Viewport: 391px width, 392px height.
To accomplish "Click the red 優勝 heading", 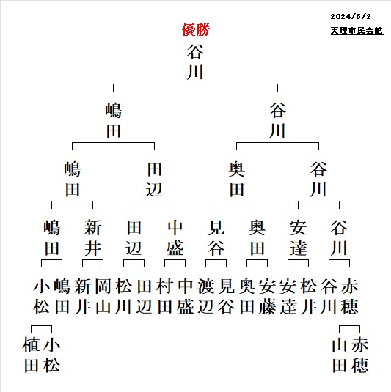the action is (196, 30).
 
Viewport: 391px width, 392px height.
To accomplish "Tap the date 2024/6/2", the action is (351, 17).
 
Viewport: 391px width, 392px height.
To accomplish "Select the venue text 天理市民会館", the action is (357, 31).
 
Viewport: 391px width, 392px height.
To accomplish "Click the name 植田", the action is (31, 355).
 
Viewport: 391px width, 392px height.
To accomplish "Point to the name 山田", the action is (340, 355).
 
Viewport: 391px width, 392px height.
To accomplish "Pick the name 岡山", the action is (103, 297).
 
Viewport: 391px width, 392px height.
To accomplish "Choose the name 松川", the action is (124, 297).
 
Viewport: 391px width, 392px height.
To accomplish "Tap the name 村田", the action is (165, 297).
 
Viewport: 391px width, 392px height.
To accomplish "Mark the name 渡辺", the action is (205, 297).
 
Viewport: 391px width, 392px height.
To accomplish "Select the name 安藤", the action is (267, 297).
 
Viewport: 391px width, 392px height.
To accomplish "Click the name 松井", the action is (308, 297).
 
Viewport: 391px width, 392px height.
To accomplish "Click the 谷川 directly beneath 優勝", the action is (195, 62).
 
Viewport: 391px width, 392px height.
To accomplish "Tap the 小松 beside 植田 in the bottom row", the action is (51, 355).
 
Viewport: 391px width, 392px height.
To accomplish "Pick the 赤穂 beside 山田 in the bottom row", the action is (359, 355).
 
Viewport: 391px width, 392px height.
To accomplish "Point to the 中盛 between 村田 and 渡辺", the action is (186, 297).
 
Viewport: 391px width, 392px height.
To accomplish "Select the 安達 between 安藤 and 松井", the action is (288, 297).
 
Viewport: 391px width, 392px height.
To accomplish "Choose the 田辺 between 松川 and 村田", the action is (145, 297).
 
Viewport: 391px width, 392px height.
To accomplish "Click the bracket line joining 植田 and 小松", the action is (41, 326).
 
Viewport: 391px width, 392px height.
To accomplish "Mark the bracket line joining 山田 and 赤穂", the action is (349, 326).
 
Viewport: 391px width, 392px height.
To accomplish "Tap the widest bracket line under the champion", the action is (195, 84).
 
